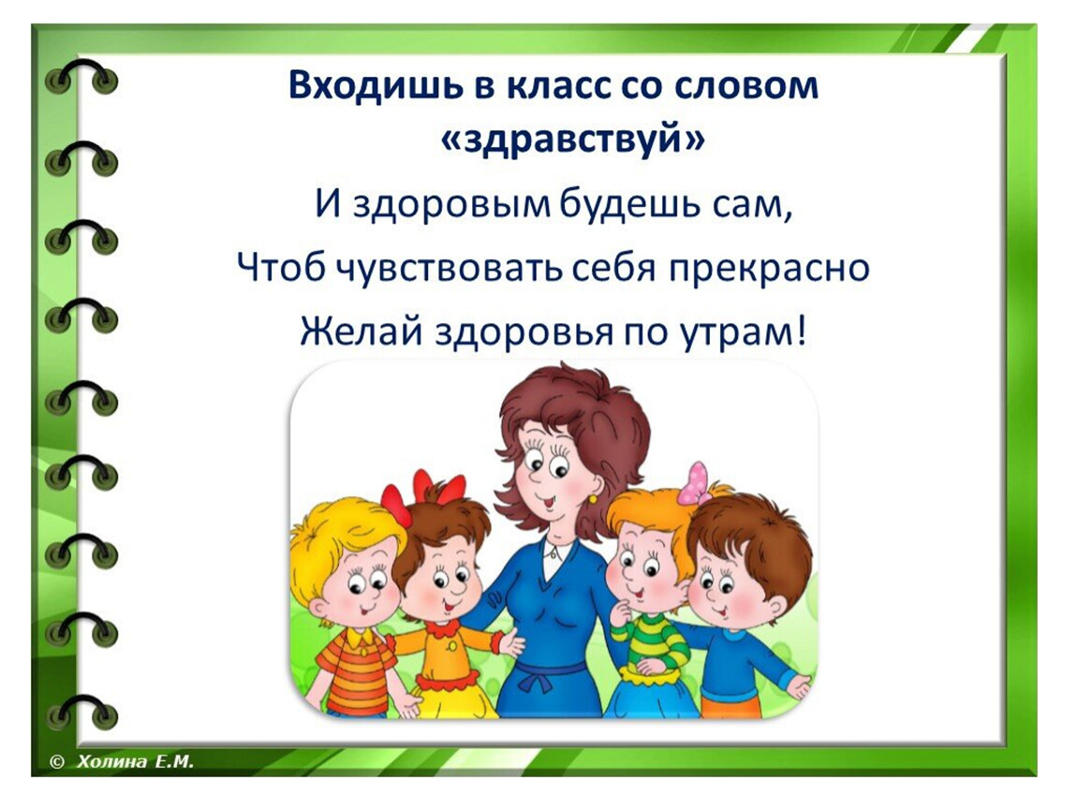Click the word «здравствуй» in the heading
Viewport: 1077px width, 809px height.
point(572,140)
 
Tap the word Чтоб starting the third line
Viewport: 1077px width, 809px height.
point(280,268)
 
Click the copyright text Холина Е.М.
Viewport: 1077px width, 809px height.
point(135,761)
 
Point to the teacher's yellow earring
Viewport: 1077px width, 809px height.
point(592,498)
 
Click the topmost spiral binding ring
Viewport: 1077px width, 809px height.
point(81,74)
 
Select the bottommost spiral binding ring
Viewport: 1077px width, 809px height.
point(81,711)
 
